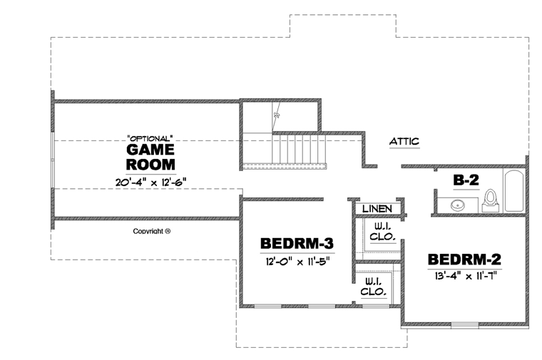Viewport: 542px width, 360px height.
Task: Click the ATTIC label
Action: pos(404,141)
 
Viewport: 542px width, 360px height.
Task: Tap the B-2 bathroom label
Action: pos(466,180)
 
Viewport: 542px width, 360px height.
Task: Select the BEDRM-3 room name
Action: pos(297,243)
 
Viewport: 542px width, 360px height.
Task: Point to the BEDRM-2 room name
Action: pos(464,259)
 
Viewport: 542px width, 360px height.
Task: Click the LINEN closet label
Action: pos(377,209)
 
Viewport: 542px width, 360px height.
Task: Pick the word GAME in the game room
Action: pos(150,150)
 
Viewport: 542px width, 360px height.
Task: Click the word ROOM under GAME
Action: pos(150,165)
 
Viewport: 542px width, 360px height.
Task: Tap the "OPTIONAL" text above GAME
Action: pos(150,138)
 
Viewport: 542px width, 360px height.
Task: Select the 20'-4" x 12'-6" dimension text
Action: pos(150,182)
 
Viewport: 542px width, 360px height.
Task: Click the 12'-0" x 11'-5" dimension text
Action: pos(297,262)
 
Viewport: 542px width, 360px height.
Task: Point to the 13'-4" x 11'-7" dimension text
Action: pos(465,276)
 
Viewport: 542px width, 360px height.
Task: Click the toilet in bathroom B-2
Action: pos(490,201)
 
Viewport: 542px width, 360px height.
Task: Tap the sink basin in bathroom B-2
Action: pos(458,205)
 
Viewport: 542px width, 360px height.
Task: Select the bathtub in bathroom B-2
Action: pos(513,190)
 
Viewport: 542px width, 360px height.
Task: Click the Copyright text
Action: pos(152,231)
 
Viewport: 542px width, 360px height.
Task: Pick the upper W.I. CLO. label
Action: pos(382,232)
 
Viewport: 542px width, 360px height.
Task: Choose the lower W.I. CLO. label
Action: pos(373,287)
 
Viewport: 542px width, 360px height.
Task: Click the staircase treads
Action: pos(300,149)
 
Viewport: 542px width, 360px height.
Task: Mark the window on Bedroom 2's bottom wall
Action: pos(465,324)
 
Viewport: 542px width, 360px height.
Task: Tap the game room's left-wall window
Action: pos(53,160)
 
